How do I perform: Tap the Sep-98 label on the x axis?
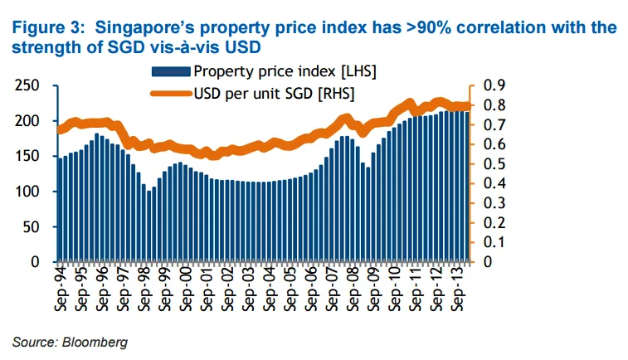[x=144, y=289]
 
